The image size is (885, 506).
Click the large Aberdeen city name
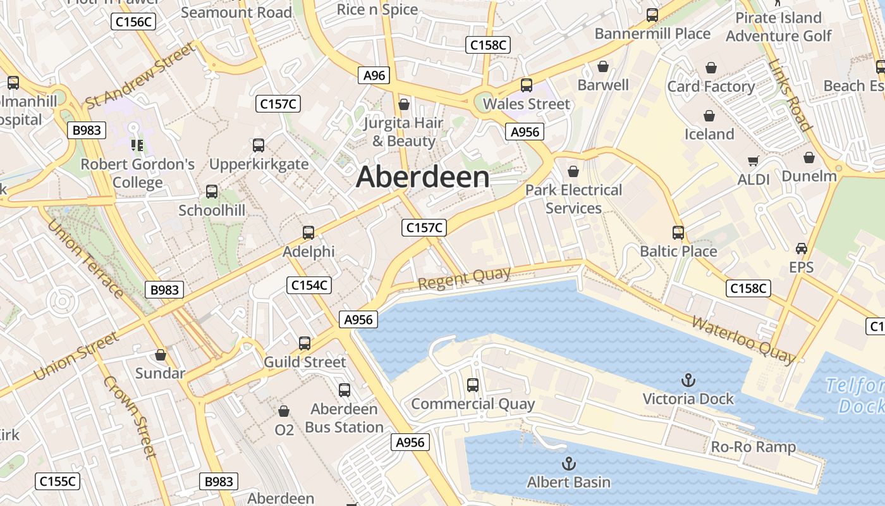pos(422,177)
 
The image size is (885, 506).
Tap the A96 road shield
pos(374,75)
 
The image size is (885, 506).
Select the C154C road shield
pos(309,285)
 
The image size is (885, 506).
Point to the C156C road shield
pos(133,22)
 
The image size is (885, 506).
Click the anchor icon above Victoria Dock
pos(688,380)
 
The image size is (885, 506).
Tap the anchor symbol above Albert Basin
pos(569,464)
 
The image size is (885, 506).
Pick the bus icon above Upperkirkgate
pos(259,145)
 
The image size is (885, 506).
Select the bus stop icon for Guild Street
pos(305,343)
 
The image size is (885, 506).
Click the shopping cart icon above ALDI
pos(753,161)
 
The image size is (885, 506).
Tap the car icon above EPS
pos(802,248)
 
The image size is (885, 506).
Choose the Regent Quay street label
pos(464,278)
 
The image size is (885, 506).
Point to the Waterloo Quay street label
pos(743,340)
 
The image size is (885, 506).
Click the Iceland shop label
pos(709,134)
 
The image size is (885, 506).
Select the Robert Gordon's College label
pos(138,173)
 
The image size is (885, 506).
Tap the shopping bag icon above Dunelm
pos(809,157)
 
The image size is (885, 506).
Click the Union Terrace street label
pos(85,259)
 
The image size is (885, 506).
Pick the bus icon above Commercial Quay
pos(473,385)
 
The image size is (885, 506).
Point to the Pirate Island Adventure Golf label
pos(778,27)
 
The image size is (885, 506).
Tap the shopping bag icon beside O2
pos(284,411)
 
